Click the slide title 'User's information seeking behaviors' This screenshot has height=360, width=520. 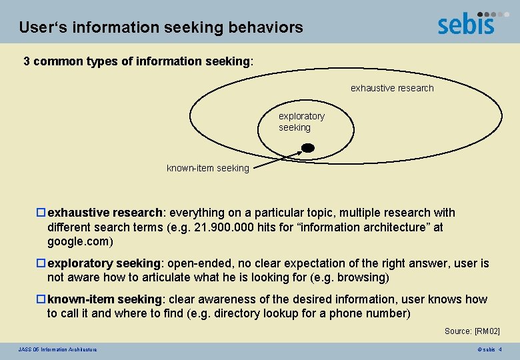161,28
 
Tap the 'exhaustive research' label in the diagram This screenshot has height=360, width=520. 392,88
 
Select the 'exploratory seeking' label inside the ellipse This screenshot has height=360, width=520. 301,121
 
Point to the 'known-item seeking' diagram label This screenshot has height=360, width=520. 207,169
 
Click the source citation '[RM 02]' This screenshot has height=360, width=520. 487,331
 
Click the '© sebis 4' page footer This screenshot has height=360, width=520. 489,349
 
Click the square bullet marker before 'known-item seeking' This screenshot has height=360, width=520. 41,299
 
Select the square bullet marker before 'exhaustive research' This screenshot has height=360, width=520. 41,213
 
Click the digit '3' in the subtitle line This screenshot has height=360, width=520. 27,61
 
